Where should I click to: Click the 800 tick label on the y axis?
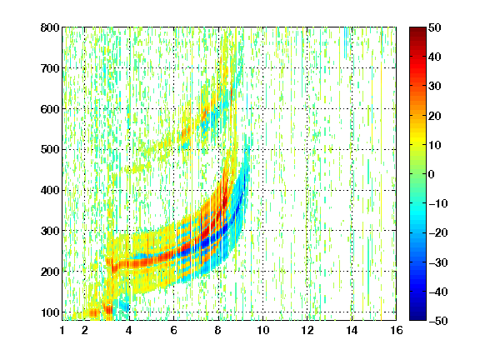(50, 27)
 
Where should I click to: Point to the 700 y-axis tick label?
(50, 68)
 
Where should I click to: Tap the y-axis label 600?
(50, 109)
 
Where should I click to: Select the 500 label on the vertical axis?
(50, 150)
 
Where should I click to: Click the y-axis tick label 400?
(50, 190)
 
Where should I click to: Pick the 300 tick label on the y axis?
(50, 231)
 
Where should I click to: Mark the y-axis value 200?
(50, 272)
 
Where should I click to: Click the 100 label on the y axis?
(50, 312)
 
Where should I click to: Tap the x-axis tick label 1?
(62, 330)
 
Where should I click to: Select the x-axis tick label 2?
(85, 330)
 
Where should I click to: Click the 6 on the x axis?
(173, 330)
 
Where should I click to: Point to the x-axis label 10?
(262, 330)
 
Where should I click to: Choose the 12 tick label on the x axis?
(307, 330)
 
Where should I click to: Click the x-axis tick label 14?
(352, 330)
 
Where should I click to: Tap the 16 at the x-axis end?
(397, 330)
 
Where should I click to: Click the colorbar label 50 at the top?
(435, 27)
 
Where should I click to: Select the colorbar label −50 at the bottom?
(438, 321)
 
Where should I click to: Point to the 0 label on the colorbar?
(432, 174)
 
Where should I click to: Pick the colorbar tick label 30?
(435, 87)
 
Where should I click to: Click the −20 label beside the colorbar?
(438, 232)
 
